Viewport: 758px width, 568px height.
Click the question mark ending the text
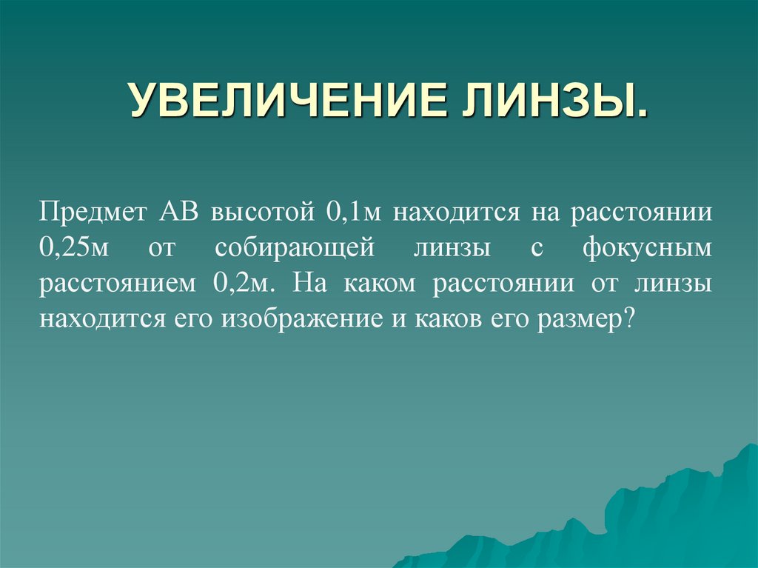coord(631,320)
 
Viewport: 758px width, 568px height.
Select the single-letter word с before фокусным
coord(537,249)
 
